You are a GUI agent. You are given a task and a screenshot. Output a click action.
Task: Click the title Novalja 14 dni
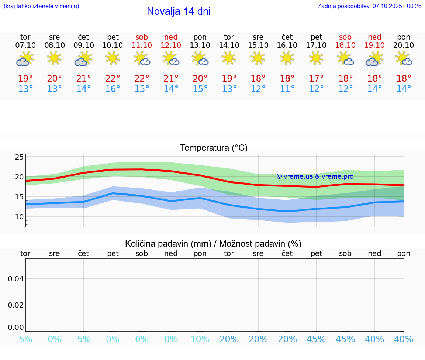(x=179, y=11)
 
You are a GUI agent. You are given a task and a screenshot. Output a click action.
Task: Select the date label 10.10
(x=113, y=45)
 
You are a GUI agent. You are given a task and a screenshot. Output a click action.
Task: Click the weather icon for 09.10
(x=83, y=59)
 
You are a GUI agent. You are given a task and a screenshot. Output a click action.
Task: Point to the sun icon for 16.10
(x=287, y=58)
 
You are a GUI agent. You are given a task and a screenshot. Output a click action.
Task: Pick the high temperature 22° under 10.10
(x=113, y=79)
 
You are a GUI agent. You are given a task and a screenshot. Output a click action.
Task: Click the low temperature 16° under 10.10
(x=113, y=89)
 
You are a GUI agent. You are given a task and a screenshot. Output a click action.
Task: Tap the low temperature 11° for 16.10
(x=287, y=89)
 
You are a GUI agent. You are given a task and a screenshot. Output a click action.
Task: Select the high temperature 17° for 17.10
(x=316, y=79)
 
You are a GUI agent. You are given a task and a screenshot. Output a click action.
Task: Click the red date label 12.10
(x=171, y=45)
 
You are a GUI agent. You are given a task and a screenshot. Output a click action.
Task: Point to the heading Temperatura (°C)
(x=214, y=148)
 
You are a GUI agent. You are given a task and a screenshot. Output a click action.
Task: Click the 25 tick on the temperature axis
(x=19, y=157)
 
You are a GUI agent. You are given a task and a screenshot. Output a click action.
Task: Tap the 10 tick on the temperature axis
(x=19, y=217)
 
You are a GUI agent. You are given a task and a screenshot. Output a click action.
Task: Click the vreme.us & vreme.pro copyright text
(x=315, y=176)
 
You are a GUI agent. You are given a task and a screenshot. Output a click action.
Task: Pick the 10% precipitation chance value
(x=200, y=339)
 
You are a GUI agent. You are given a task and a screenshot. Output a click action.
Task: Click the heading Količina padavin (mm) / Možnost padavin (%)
(x=213, y=244)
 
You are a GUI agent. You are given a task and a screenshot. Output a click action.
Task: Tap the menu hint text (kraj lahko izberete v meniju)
(x=41, y=6)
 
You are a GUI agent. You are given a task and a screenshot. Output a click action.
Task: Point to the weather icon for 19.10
(x=374, y=59)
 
